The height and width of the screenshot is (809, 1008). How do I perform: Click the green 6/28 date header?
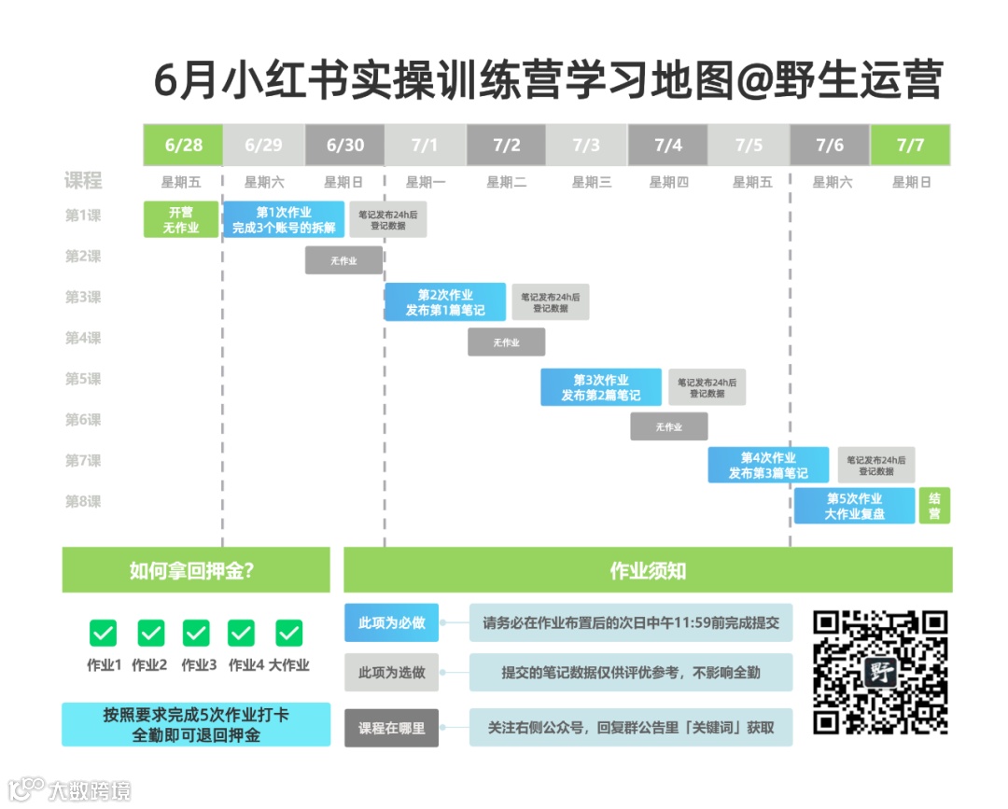(x=183, y=145)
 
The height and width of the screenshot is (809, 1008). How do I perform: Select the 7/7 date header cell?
(x=910, y=145)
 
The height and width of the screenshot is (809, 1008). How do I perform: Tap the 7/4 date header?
(x=667, y=145)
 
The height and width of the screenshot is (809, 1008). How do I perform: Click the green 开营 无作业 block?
(x=181, y=219)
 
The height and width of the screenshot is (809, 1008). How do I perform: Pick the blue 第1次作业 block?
(x=284, y=219)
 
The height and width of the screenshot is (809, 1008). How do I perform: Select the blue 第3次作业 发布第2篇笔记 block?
(x=601, y=387)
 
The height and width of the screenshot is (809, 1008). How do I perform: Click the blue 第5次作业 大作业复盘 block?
(x=854, y=506)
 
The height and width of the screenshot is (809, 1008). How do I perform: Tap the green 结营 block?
(x=934, y=506)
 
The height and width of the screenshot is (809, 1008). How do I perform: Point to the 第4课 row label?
(x=83, y=338)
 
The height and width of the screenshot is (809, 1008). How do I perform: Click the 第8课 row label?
(x=83, y=502)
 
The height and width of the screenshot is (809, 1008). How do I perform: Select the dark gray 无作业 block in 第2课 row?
(x=343, y=260)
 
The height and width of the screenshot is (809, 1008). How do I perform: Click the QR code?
(x=880, y=672)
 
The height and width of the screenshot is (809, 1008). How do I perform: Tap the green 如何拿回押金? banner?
(x=196, y=570)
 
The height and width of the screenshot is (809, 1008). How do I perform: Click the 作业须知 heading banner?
(x=648, y=570)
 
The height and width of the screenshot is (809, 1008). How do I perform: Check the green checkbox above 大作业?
(x=289, y=634)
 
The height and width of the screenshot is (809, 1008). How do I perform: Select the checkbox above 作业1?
(x=104, y=634)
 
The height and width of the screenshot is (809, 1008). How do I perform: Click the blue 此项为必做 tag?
(x=392, y=622)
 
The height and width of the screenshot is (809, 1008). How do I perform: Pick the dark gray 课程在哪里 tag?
(x=392, y=728)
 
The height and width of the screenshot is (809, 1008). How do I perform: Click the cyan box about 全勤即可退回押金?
(x=196, y=724)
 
